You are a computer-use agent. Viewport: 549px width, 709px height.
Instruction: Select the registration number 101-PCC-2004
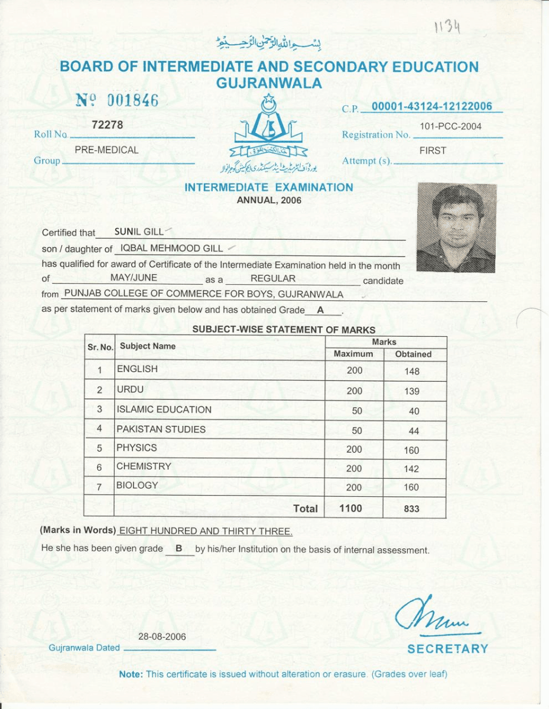(450, 126)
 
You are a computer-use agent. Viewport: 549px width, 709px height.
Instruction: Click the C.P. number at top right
(432, 106)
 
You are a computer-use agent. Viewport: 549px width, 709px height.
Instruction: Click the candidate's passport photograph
(456, 227)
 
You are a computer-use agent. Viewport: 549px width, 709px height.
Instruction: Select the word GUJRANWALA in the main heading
(269, 83)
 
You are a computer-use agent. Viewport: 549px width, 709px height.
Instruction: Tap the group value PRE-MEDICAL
(106, 150)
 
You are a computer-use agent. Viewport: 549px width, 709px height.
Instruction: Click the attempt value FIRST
(433, 151)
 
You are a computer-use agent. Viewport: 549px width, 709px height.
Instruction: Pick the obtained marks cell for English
(412, 371)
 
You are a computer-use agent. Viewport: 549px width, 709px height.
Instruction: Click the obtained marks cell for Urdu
(412, 391)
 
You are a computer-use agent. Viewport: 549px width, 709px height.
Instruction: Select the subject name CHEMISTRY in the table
(144, 466)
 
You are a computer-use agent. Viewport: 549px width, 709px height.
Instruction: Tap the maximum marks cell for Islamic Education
(354, 410)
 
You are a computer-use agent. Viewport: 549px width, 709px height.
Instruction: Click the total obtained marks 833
(412, 509)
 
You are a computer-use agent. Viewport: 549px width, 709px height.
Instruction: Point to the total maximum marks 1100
(351, 508)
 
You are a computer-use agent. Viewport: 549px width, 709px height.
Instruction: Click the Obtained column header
(413, 354)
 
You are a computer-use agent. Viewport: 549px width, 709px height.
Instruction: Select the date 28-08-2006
(162, 636)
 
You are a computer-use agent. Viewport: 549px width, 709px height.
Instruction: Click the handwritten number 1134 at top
(447, 27)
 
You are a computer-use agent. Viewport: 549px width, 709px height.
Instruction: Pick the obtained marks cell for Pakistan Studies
(414, 431)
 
